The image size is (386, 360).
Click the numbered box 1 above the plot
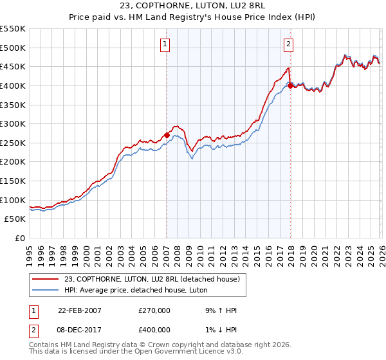click(166, 44)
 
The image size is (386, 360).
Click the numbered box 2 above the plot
click(288, 44)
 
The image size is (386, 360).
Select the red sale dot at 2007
click(167, 135)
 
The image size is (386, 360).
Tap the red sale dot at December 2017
click(290, 85)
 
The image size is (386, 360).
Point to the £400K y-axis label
click(13, 85)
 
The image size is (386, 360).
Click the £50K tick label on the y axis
click(15, 219)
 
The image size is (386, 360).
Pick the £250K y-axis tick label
click(13, 143)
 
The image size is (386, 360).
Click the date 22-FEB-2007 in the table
click(80, 310)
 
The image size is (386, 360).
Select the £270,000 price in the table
click(154, 310)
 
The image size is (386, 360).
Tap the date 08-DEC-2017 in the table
click(80, 330)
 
